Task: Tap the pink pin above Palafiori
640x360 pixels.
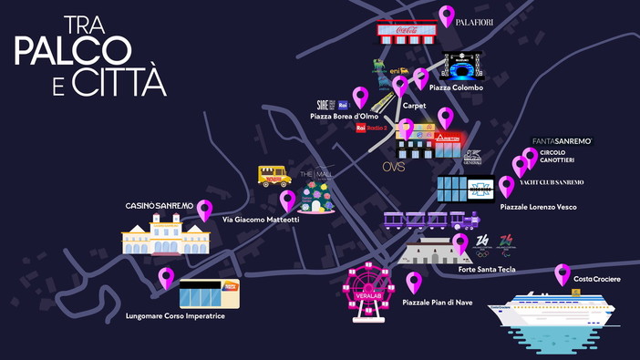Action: pyautogui.click(x=447, y=15)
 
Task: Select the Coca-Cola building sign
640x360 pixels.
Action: pyautogui.click(x=407, y=32)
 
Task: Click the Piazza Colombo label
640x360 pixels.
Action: pyautogui.click(x=456, y=87)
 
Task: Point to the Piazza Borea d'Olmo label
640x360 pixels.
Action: pyautogui.click(x=344, y=117)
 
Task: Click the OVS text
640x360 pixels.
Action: pyautogui.click(x=393, y=167)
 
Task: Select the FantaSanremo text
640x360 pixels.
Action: pyautogui.click(x=562, y=141)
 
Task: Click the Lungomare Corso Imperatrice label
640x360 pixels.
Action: pyautogui.click(x=175, y=316)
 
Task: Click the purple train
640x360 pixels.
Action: pyautogui.click(x=431, y=221)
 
